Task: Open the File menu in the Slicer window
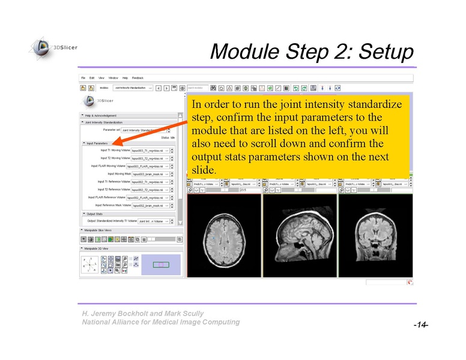(x=84, y=78)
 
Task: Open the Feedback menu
(x=138, y=78)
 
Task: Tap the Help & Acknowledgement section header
(x=101, y=115)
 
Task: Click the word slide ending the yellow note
(x=202, y=170)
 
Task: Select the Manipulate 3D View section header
(x=98, y=248)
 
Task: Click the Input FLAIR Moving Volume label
(x=108, y=166)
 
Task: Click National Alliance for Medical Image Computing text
(x=161, y=322)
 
